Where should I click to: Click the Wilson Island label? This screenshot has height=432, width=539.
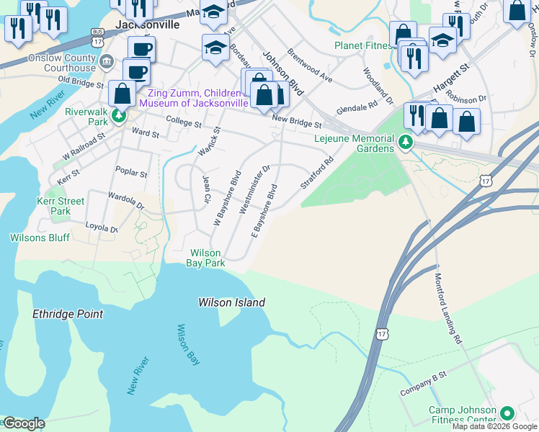tap(231, 303)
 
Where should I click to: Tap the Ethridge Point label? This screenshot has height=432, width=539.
tap(68, 314)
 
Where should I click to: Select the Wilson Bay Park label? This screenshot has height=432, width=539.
tap(207, 258)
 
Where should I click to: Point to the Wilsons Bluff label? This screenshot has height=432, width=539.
tap(38, 237)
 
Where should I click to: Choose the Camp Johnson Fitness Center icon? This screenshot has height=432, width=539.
tap(507, 413)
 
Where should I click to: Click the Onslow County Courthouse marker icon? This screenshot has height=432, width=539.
tap(107, 60)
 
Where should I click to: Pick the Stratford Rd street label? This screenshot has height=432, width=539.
tap(317, 173)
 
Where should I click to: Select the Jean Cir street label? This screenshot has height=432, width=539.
tap(207, 189)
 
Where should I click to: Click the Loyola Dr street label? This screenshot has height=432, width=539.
tap(102, 229)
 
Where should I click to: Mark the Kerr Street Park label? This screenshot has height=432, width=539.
tap(61, 206)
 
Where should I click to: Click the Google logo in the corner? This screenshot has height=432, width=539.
tap(24, 423)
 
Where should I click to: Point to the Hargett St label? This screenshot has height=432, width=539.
tap(450, 76)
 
